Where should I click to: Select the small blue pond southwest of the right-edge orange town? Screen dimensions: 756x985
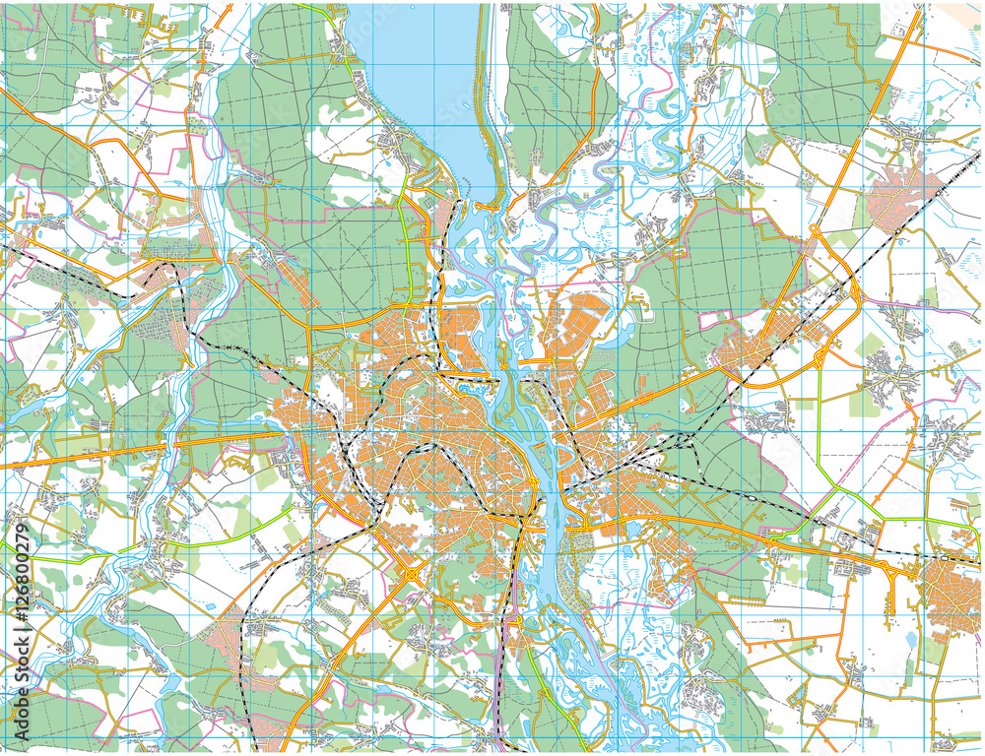tap(910, 641)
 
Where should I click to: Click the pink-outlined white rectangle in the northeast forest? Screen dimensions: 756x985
tap(714, 321)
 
